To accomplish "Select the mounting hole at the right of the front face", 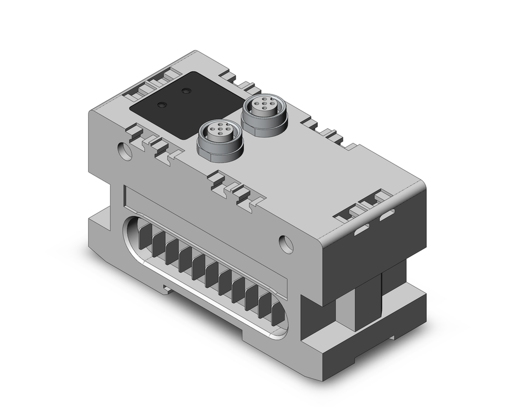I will point(286,244).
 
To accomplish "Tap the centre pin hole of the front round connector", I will point(217,128).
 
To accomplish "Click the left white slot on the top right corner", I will point(362,230).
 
